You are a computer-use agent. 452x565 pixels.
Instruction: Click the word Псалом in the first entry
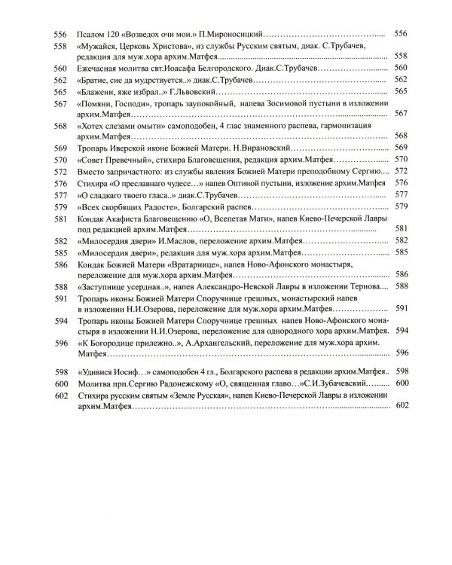pos(91,35)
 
